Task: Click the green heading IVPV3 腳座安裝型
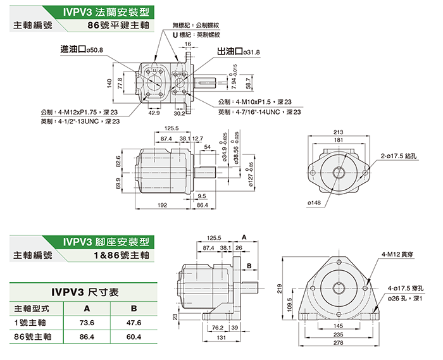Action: click(107, 241)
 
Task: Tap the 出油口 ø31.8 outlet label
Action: click(238, 52)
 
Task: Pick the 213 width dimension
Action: click(337, 132)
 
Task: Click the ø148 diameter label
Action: click(315, 202)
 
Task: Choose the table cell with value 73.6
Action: click(87, 323)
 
